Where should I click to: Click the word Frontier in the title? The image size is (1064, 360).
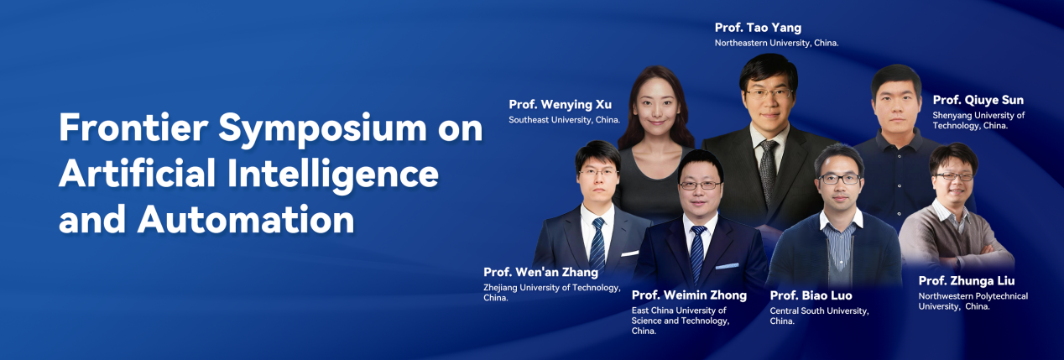coord(133,128)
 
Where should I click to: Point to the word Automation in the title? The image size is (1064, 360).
coord(246,219)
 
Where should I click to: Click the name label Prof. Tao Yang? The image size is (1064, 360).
coord(758,28)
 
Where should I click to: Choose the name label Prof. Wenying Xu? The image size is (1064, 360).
coord(560,105)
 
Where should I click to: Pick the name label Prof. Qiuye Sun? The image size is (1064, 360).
coord(978,100)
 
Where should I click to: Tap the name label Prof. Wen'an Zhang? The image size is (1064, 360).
coord(540,272)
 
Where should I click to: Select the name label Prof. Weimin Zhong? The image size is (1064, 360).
coord(689,295)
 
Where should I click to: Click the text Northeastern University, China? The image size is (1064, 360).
coord(777,43)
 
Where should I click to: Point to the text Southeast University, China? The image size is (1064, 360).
coord(564,120)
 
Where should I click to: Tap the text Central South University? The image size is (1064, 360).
coord(819,311)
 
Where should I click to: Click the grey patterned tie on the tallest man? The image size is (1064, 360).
coord(768,171)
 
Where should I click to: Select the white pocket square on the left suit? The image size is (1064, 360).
coord(629,253)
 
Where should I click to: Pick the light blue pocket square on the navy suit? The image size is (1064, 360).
coord(727,267)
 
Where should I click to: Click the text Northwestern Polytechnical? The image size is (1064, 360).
coord(973,296)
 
